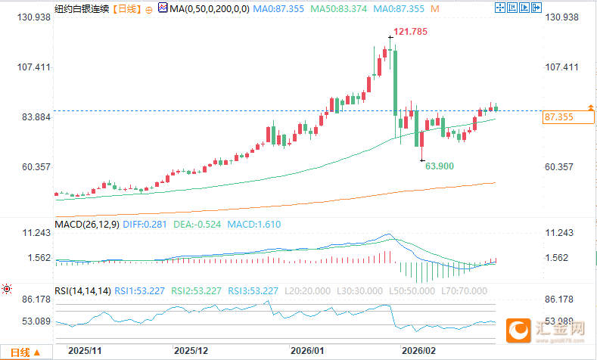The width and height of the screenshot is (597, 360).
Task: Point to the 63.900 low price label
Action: [x=440, y=166]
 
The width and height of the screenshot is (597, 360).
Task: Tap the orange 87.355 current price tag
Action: [x=558, y=117]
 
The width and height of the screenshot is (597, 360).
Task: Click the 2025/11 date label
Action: [x=85, y=352]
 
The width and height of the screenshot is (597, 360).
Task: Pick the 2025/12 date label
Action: [x=191, y=352]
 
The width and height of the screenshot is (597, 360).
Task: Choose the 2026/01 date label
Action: [x=306, y=352]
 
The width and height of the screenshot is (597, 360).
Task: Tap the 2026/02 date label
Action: [x=419, y=352]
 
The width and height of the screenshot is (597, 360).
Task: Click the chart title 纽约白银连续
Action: [x=82, y=9]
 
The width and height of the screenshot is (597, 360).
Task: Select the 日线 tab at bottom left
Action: [x=20, y=352]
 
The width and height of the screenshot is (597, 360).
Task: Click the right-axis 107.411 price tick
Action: [x=561, y=67]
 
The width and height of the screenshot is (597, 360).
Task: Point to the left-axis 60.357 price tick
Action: [x=33, y=167]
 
